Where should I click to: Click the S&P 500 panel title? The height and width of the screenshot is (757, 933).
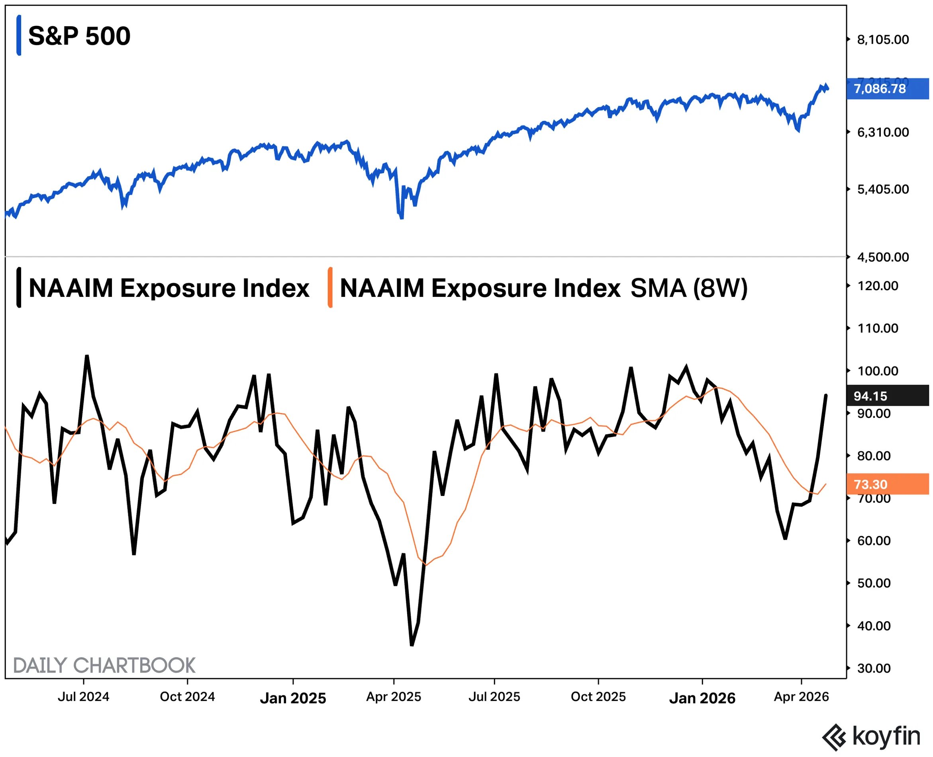tap(79, 36)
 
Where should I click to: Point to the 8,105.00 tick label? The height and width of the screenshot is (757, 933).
tap(883, 40)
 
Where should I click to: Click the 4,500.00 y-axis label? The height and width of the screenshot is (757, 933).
tap(883, 257)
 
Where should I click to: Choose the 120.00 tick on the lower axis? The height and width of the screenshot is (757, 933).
tap(878, 286)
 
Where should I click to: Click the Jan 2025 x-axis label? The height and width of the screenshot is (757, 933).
tap(293, 698)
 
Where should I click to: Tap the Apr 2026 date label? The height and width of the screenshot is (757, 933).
tap(801, 697)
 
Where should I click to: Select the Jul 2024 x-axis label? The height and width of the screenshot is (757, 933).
tap(83, 697)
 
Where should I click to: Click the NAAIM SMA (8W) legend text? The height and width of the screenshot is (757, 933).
tap(543, 288)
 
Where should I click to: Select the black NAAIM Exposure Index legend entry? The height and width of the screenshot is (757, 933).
tap(169, 288)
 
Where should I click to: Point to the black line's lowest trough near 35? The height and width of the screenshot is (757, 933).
tap(412, 644)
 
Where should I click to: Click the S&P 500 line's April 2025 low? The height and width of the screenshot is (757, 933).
tap(401, 218)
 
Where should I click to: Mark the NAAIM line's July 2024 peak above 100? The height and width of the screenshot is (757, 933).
tap(87, 356)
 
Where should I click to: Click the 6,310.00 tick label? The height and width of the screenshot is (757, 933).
tap(883, 132)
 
